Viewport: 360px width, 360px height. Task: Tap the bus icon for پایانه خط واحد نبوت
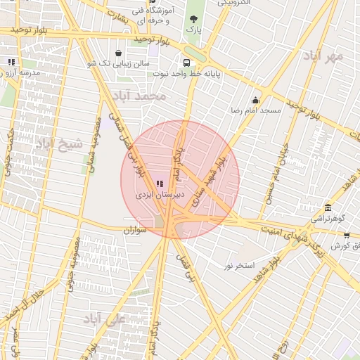186,61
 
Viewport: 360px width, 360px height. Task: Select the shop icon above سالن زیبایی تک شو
118,53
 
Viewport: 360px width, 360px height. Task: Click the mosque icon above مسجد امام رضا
255,100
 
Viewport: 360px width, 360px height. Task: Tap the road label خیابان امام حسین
276,172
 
